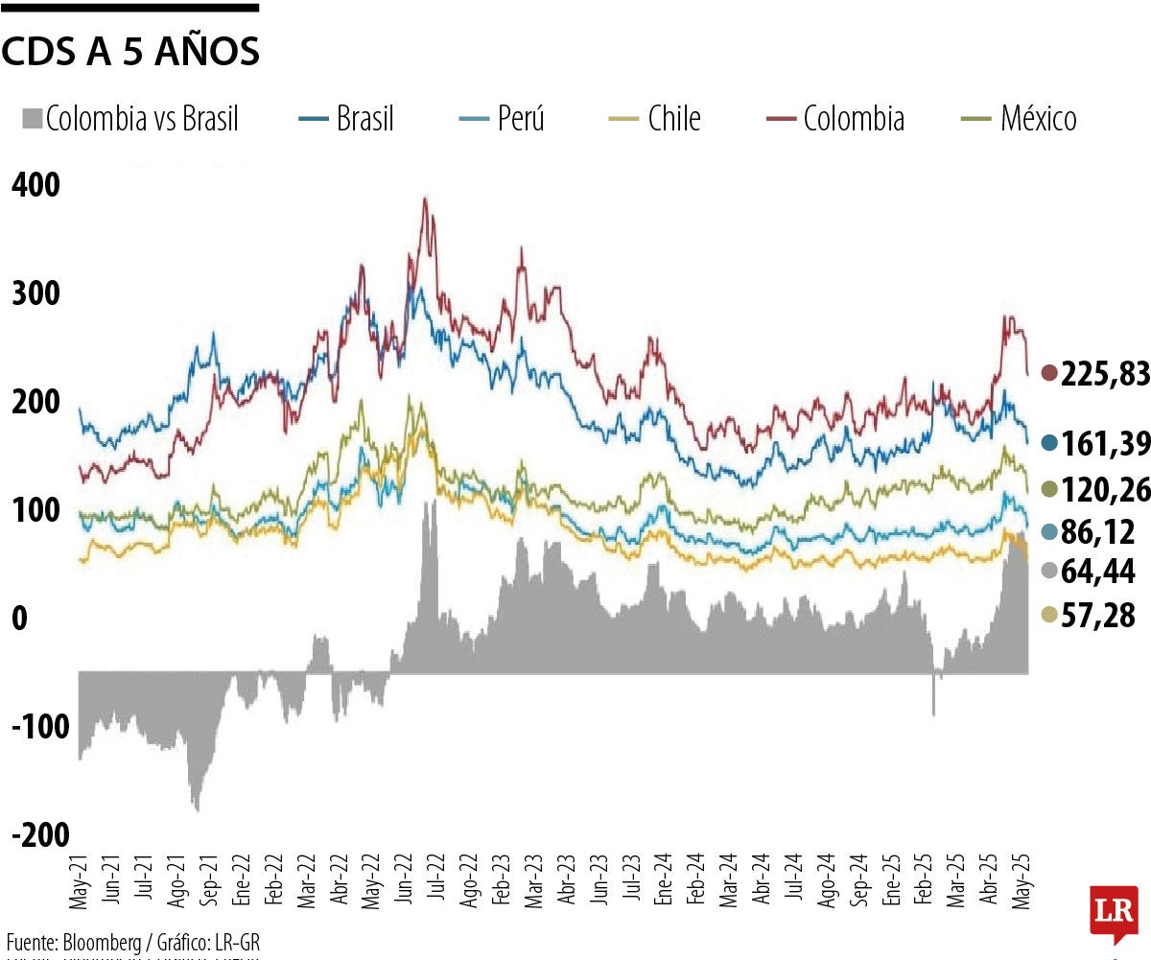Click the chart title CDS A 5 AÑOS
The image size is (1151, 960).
pyautogui.click(x=130, y=53)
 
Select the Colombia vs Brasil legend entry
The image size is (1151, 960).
pyautogui.click(x=129, y=119)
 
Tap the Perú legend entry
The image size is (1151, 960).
pyautogui.click(x=502, y=119)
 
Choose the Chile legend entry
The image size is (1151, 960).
pyautogui.click(x=656, y=119)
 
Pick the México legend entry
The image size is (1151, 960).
pyautogui.click(x=1020, y=119)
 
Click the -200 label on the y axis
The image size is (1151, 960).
pyautogui.click(x=40, y=833)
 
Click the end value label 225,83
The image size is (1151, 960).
pyautogui.click(x=1104, y=375)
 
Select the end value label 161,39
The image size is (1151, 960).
pyautogui.click(x=1104, y=444)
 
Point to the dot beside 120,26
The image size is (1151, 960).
pyautogui.click(x=1048, y=490)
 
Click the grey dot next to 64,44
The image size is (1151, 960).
pyautogui.click(x=1048, y=573)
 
